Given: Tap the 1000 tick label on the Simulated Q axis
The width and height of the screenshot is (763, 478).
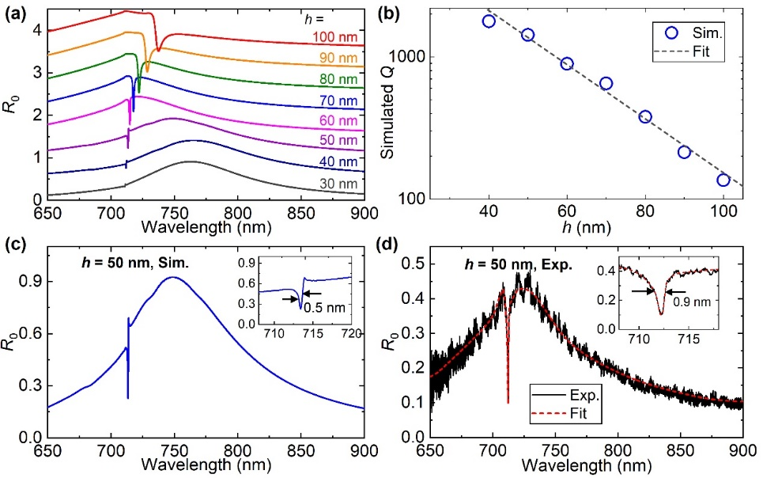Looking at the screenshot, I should tap(432, 57).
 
